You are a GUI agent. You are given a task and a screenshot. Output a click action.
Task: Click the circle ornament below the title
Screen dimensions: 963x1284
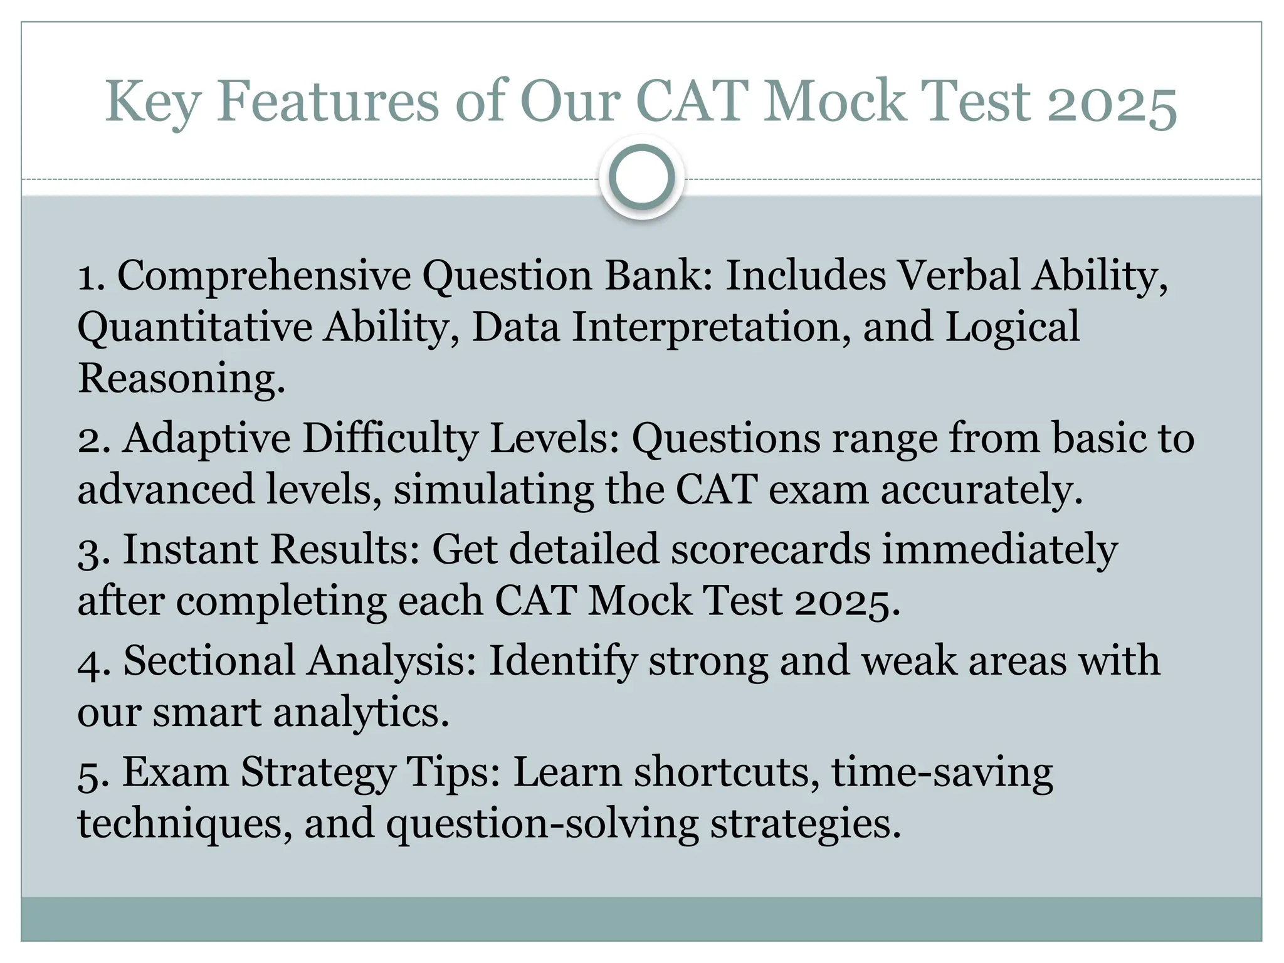(641, 177)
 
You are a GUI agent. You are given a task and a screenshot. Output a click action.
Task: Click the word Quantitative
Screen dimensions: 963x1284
(195, 327)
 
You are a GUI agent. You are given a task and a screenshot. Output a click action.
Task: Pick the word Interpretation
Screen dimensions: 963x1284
(706, 327)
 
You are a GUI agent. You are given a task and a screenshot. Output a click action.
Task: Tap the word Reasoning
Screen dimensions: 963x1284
(181, 379)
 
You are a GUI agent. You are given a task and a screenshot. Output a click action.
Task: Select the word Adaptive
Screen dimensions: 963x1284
(207, 439)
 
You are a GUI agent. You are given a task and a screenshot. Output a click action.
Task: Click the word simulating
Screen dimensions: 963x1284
(493, 489)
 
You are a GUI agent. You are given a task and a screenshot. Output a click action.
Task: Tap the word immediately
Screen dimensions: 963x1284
(1000, 549)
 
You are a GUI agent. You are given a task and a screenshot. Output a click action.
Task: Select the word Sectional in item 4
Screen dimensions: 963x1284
(209, 661)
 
